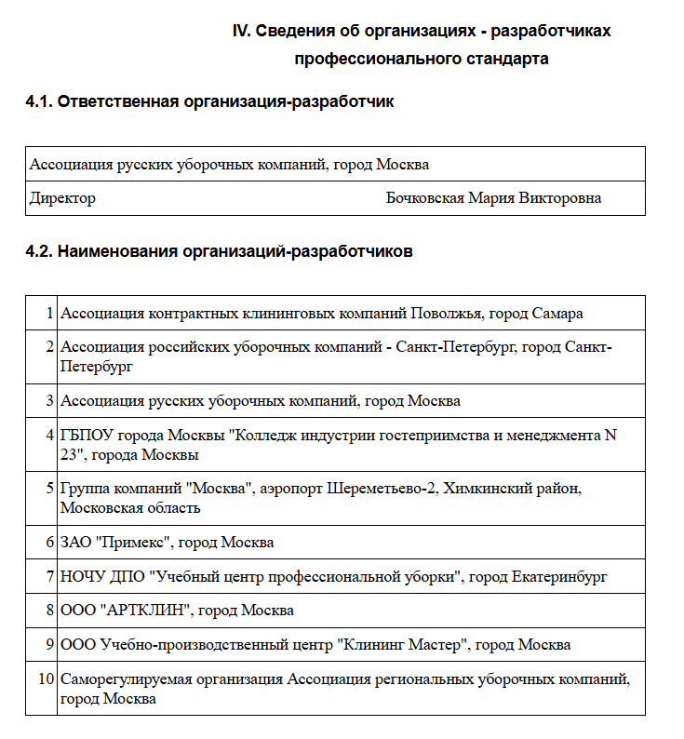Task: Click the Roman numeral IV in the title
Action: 240,31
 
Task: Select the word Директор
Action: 62,198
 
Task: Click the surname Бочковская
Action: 424,198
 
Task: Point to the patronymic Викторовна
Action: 560,198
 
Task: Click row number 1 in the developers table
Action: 48,314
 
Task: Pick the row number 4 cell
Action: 48,435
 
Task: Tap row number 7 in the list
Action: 48,576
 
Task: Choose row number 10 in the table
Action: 45,679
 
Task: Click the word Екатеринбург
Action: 559,576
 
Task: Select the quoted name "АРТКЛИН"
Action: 145,611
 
